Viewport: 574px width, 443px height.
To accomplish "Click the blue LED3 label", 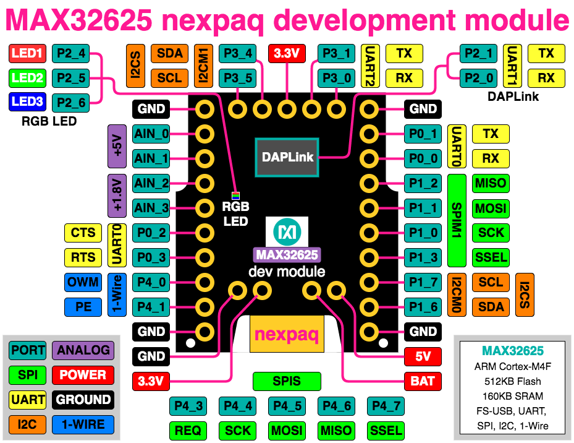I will click(x=27, y=102).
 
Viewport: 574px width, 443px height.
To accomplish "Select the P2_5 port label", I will click(x=70, y=78).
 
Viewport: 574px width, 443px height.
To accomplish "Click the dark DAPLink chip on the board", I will click(x=288, y=157).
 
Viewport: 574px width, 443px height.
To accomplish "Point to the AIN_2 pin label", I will click(x=151, y=183).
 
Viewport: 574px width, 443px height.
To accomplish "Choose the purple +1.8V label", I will click(x=117, y=196).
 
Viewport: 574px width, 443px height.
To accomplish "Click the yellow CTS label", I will click(x=83, y=233).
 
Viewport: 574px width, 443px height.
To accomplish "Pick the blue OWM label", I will click(x=83, y=282).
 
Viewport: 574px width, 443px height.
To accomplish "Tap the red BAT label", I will click(x=423, y=381).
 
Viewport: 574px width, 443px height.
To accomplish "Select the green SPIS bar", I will click(x=287, y=381).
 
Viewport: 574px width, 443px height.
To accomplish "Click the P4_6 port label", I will click(x=336, y=406).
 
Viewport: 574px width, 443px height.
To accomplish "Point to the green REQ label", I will click(x=188, y=431).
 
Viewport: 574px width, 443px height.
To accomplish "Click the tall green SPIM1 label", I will click(x=456, y=220).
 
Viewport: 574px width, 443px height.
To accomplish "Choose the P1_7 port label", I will click(x=423, y=282).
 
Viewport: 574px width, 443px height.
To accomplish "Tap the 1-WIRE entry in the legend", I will click(x=83, y=424).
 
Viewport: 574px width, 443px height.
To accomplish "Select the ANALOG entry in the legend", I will click(x=83, y=350).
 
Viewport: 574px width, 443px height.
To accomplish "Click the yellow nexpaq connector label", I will click(x=287, y=335).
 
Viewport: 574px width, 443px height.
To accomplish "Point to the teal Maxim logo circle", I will click(x=287, y=233).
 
